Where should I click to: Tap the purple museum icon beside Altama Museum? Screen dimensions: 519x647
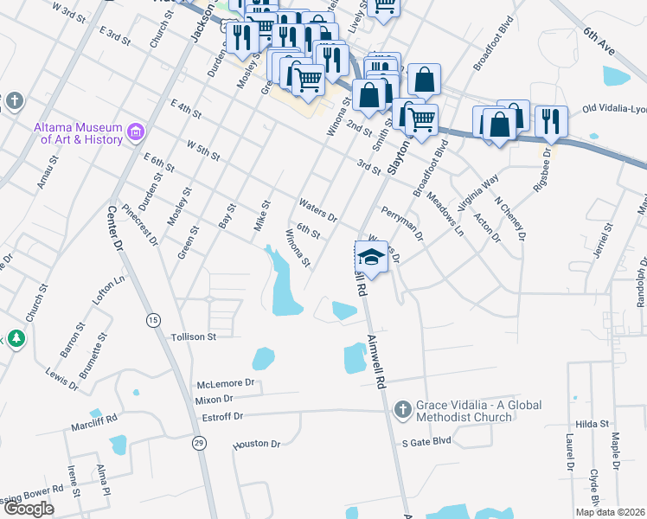tap(135, 132)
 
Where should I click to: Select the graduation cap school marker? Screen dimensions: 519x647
tap(371, 257)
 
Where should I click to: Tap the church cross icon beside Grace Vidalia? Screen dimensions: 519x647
tap(401, 408)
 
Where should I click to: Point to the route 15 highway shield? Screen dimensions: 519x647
tap(153, 319)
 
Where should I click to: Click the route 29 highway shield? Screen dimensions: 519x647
tap(199, 443)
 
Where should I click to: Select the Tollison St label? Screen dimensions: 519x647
tap(192, 336)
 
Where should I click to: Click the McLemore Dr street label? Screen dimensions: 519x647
tap(226, 382)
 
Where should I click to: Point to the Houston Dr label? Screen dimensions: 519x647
tap(257, 445)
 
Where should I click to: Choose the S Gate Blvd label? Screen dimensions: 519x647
tap(426, 441)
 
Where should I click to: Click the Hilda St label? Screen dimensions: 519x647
tap(593, 424)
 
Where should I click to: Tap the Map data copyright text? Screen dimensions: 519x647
tap(610, 512)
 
